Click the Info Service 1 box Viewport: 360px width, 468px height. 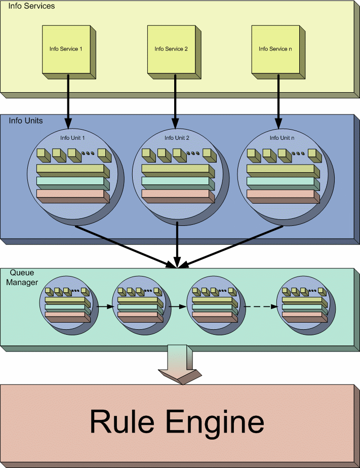point(66,49)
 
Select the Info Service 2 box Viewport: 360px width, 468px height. point(171,49)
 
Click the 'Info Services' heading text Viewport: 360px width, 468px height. point(31,7)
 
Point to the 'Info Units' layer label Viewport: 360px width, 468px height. point(26,121)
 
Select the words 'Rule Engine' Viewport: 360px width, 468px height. point(177,422)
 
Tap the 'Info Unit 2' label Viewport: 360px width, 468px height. point(177,138)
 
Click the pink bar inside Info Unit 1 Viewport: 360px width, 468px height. point(70,193)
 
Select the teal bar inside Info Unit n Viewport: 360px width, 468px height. point(281,181)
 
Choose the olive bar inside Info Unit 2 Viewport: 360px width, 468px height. point(175,169)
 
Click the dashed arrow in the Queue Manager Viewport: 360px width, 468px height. point(261,307)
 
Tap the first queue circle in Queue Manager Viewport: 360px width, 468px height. point(68,304)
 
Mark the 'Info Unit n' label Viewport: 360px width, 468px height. point(282,138)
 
